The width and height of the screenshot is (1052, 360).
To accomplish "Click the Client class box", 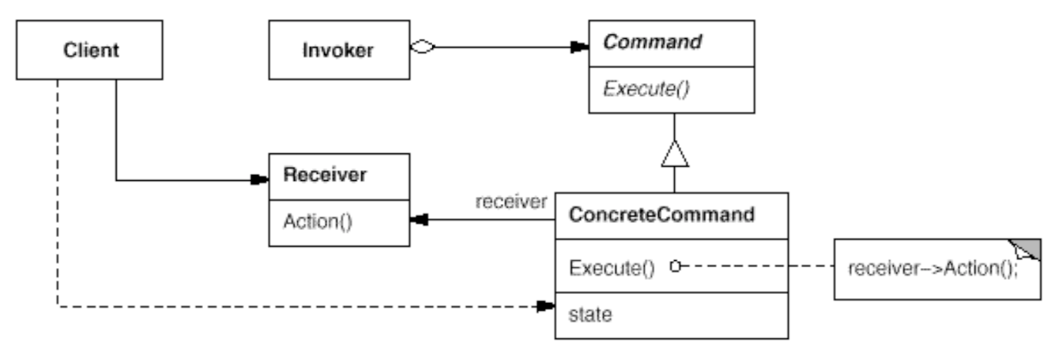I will pos(90,50).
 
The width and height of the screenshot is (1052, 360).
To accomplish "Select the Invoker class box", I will pos(338,50).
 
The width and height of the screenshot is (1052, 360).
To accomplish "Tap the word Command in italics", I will pos(653,42).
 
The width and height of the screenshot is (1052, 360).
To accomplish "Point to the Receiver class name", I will pos(324,175).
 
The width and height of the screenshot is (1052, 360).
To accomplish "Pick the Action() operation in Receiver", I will pos(317,221).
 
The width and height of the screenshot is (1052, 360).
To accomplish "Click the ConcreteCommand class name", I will pos(661,214).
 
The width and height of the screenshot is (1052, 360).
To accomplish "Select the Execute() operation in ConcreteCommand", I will pos(612,267).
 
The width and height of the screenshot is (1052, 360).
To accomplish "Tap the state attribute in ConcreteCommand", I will pos(590,314).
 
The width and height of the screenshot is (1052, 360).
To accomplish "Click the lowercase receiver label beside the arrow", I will pos(511,202).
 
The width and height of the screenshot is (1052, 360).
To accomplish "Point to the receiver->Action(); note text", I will pos(932,269).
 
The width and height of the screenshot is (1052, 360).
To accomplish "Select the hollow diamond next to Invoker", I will pos(423,47).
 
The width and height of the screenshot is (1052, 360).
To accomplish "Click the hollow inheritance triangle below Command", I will pos(674,153).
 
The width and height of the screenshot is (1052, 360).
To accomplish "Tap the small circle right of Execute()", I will pos(675,266).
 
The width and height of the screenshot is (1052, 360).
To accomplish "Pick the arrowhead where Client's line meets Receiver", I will pos(259,181).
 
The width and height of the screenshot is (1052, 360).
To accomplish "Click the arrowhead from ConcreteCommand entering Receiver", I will pos(419,220).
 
